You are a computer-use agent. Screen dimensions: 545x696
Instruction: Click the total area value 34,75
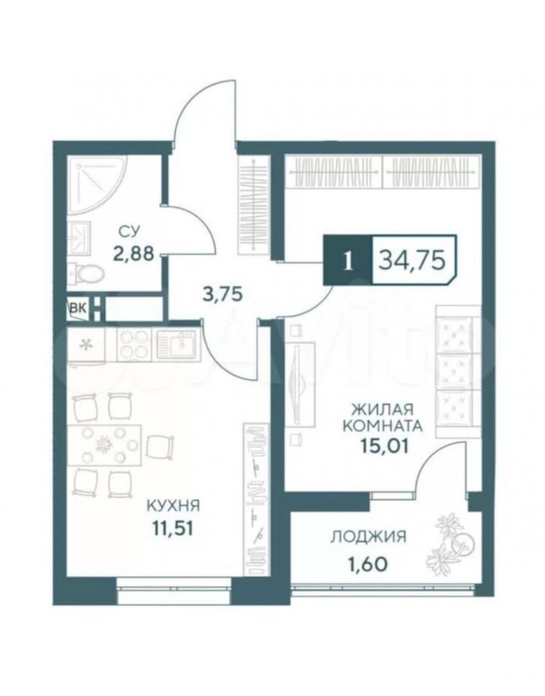click(x=412, y=259)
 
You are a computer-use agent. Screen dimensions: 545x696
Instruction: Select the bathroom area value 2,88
click(x=134, y=254)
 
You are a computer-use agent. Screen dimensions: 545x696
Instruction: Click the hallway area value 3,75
click(x=222, y=294)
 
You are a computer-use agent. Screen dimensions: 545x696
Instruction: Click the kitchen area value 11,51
click(x=173, y=529)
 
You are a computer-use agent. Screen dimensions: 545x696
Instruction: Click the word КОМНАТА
click(x=382, y=426)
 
